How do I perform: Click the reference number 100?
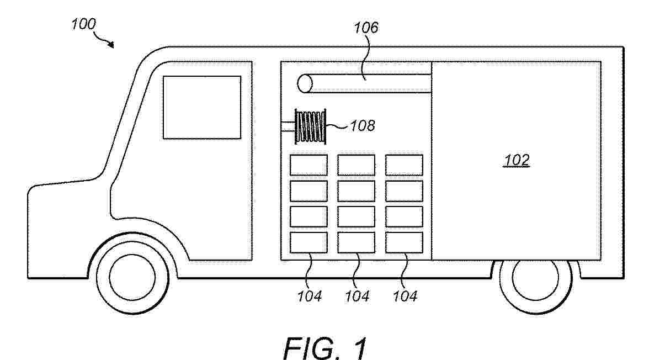[x=83, y=24]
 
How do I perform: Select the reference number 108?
[x=363, y=126]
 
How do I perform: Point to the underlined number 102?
[x=517, y=161]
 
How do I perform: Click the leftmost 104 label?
[x=310, y=296]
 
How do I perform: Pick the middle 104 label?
[x=357, y=296]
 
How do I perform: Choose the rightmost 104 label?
[x=405, y=296]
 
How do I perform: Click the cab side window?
[x=202, y=107]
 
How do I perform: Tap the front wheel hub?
[x=132, y=277]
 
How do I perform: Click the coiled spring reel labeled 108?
[x=310, y=126]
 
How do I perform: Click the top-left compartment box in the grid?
[x=308, y=165]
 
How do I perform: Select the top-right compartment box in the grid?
[x=404, y=165]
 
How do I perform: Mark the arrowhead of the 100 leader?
[x=112, y=45]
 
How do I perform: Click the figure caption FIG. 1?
[x=325, y=347]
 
